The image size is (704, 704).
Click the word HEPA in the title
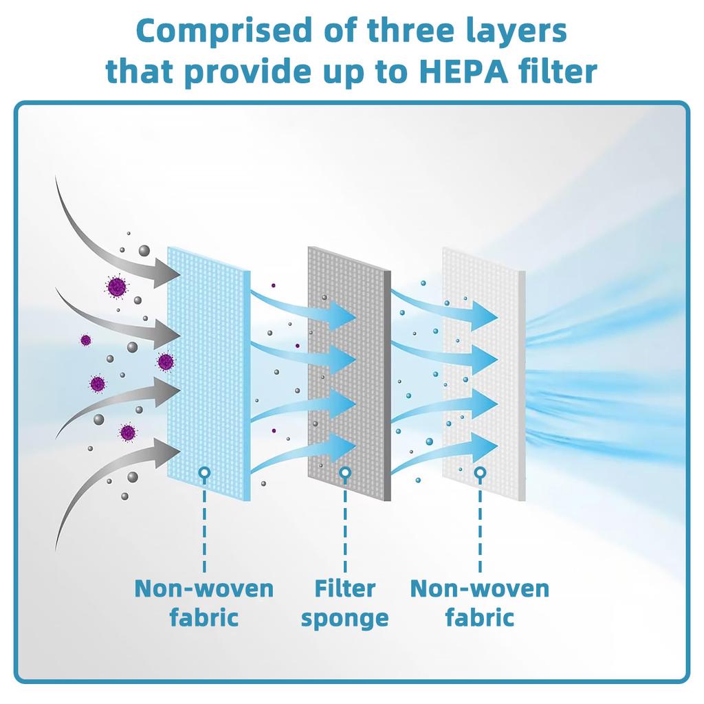point(463,71)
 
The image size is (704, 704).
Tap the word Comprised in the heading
point(224,30)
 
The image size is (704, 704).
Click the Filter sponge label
point(345,602)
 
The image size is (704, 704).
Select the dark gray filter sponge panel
point(349,373)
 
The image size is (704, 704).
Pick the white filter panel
point(484,373)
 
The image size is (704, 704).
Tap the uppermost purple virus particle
point(117,287)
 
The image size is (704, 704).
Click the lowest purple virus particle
point(127,432)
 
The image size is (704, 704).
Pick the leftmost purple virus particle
point(86,340)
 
